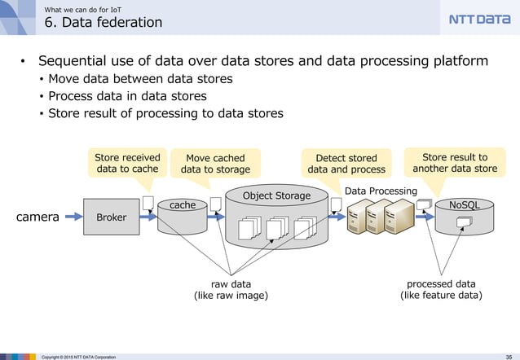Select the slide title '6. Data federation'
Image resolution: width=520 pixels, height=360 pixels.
point(103,22)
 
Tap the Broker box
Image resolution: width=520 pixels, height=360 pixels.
point(112,217)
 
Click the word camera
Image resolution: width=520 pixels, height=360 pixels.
point(37,217)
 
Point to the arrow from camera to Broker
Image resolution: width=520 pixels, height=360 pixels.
point(73,217)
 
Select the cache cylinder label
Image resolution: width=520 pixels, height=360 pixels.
point(182,205)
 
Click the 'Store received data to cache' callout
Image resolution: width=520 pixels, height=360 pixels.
point(126,163)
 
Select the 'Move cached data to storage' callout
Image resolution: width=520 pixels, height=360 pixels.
point(215,164)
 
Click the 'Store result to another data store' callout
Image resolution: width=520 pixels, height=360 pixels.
point(454,163)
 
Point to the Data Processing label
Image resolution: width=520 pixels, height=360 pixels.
point(381,191)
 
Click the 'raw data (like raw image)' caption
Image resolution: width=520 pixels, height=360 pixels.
point(231,289)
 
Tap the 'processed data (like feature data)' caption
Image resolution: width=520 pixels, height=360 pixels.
point(440,289)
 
